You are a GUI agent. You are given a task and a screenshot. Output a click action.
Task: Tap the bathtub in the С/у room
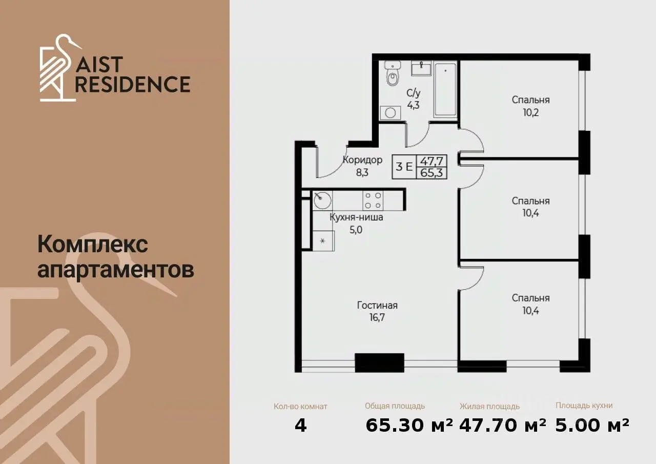[x=445, y=90]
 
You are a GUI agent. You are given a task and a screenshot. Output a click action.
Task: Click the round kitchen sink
[x=322, y=200]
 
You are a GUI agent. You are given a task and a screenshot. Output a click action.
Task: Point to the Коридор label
[x=362, y=160]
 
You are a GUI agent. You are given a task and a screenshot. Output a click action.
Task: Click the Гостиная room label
[x=377, y=305]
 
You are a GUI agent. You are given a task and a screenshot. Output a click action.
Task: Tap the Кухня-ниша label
[x=356, y=217]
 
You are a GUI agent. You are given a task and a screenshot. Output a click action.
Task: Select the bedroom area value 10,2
[x=530, y=112]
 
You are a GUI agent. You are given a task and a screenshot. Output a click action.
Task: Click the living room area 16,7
[x=377, y=317]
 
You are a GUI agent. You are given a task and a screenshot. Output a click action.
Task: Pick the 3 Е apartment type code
[x=404, y=167]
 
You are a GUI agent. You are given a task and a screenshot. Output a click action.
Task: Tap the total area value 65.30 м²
[x=409, y=425]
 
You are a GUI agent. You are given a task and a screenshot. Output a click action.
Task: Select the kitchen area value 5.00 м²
[x=592, y=425]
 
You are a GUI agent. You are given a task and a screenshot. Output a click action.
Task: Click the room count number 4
[x=301, y=426]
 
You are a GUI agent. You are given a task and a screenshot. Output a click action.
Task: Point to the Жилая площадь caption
[x=489, y=406]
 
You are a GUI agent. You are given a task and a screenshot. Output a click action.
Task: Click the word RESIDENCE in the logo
[x=133, y=85]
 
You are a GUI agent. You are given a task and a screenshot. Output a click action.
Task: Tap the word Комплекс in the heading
[x=93, y=245]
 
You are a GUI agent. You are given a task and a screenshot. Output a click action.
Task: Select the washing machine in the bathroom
[x=391, y=112]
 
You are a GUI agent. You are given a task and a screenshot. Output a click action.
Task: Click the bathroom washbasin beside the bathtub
[x=421, y=68]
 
